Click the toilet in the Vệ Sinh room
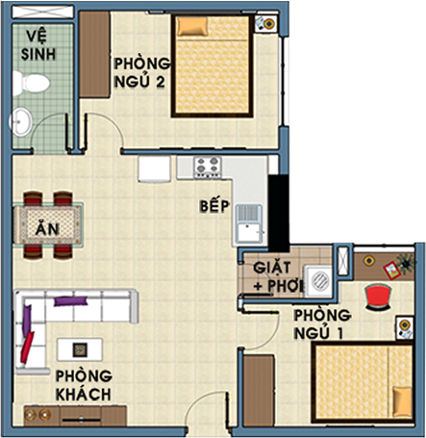click(32, 84)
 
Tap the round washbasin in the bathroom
click(21, 122)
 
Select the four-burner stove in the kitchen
click(208, 167)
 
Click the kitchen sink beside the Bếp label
click(250, 223)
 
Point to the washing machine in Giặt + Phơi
click(318, 281)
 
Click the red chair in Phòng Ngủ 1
click(378, 297)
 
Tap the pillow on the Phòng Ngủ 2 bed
click(192, 26)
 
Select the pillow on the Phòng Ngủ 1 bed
click(403, 401)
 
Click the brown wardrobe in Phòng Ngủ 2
click(95, 55)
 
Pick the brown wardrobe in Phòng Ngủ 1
click(259, 390)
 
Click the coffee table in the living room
click(80, 349)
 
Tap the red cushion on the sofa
click(27, 348)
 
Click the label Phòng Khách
click(84, 385)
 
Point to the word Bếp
click(214, 206)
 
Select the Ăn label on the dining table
click(48, 228)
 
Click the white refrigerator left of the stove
click(154, 169)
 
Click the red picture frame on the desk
click(391, 271)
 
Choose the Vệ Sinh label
click(38, 45)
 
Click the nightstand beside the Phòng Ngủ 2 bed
click(266, 23)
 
